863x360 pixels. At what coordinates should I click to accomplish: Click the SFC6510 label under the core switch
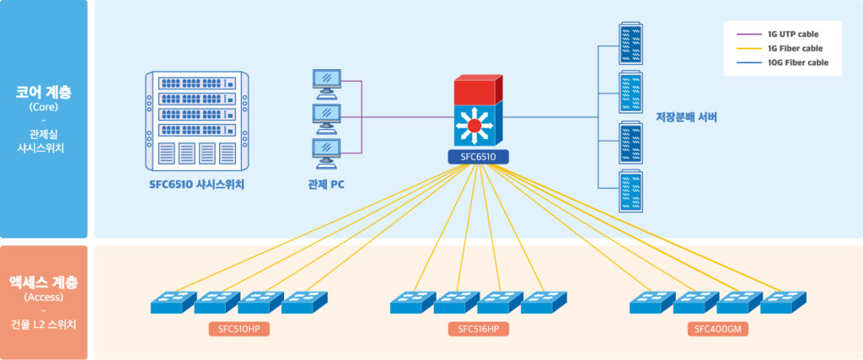tap(477, 157)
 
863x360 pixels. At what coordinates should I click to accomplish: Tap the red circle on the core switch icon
tap(474, 126)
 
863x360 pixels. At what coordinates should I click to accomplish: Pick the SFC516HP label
tap(479, 329)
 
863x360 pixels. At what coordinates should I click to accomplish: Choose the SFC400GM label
tap(718, 329)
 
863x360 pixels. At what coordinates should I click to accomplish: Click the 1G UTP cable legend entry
tap(791, 35)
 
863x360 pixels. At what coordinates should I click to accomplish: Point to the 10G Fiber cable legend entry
tap(797, 62)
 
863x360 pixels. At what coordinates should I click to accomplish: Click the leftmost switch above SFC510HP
tap(173, 302)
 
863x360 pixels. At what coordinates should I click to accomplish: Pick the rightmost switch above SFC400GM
tap(783, 302)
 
